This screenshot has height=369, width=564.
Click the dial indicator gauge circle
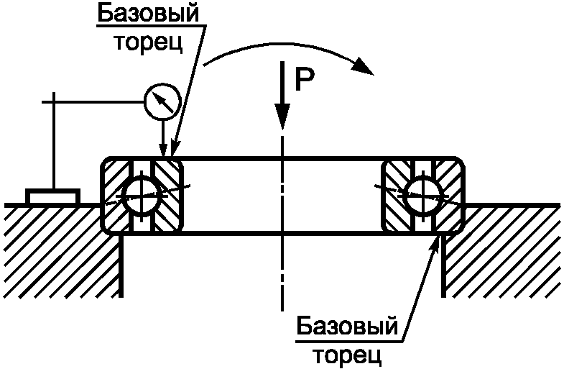point(160,102)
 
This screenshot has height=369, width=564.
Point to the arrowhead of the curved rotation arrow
point(365,70)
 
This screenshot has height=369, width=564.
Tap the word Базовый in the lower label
point(346,328)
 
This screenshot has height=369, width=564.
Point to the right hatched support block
point(503,248)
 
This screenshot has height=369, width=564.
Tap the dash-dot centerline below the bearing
point(283,273)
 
